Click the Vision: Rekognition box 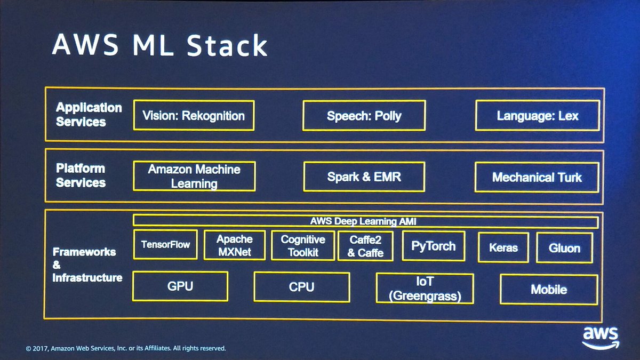(194, 115)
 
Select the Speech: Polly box (364, 116)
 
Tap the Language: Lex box (537, 116)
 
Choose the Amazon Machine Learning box (194, 177)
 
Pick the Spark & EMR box (364, 177)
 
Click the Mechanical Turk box (537, 177)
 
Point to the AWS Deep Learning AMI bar (365, 221)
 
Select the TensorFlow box (165, 245)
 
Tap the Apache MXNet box (234, 245)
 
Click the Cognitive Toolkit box (303, 246)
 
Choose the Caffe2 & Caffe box (365, 246)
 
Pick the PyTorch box (433, 246)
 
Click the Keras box (503, 247)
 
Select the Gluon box (564, 248)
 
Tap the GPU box (180, 286)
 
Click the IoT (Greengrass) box (425, 289)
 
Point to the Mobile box (548, 290)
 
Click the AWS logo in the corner (600, 337)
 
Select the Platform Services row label (81, 175)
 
